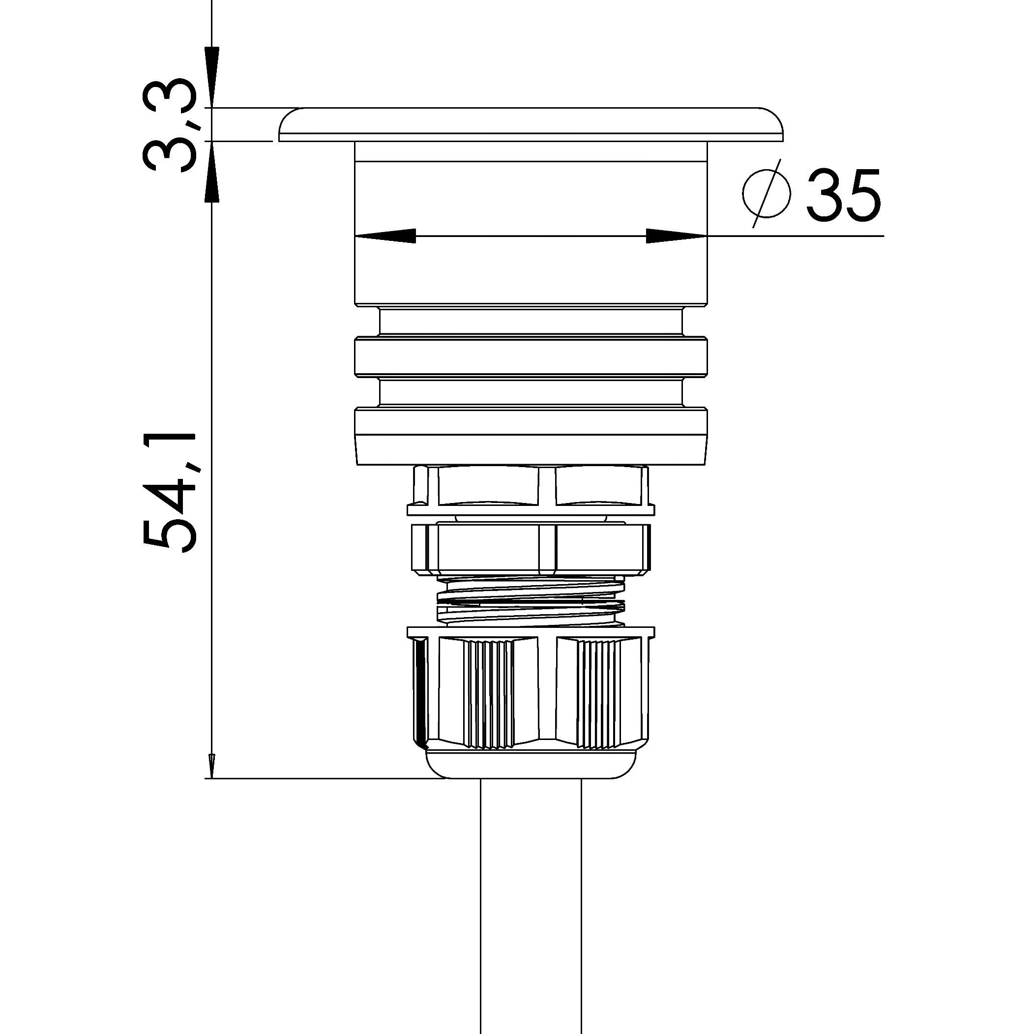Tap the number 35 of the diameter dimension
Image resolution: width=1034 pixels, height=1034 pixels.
click(843, 195)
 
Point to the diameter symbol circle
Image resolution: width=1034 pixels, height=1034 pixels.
click(767, 194)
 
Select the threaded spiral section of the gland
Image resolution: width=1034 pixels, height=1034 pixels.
click(531, 602)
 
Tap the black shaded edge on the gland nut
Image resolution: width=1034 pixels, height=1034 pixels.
click(421, 693)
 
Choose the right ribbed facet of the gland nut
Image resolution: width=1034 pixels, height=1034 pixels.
click(599, 693)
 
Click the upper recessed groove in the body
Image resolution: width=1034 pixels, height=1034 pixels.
click(531, 321)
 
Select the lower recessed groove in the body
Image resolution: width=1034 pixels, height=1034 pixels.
click(531, 392)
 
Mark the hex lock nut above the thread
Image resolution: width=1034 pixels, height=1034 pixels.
click(531, 548)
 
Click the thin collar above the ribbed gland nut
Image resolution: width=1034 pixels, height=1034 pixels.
click(531, 632)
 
